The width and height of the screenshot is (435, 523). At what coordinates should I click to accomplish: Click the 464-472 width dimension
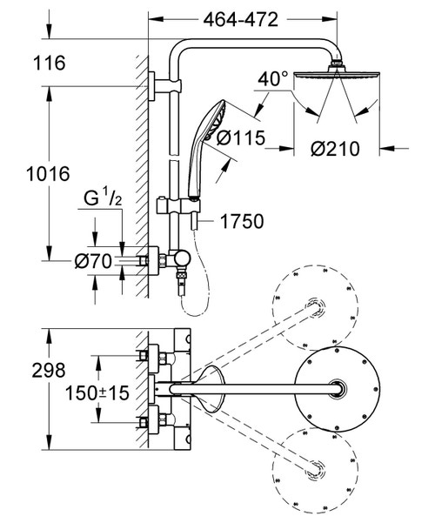[x=240, y=20]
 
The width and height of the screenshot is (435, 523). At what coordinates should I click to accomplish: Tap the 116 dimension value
[x=49, y=63]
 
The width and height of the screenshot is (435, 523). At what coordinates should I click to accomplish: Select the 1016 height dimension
[x=48, y=174]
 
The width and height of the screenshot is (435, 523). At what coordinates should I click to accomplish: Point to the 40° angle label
[x=272, y=79]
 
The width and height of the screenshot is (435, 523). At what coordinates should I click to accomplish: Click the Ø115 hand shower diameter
[x=240, y=137]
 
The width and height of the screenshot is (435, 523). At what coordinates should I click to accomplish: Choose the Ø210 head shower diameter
[x=335, y=149]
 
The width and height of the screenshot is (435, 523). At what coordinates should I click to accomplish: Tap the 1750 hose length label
[x=242, y=221]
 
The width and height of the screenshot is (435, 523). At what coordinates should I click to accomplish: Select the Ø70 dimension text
[x=93, y=261]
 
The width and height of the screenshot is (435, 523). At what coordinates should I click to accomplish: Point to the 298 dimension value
[x=49, y=370]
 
